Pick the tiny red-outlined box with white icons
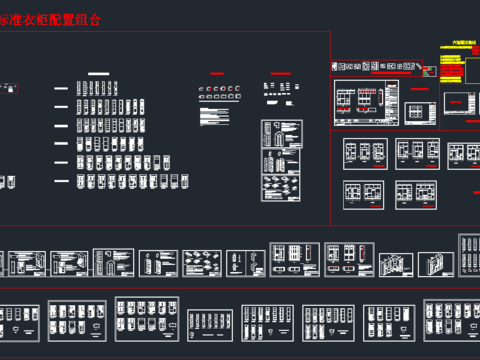click(x=9, y=86)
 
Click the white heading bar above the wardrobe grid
click(x=98, y=73)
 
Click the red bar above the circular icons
click(x=216, y=74)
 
